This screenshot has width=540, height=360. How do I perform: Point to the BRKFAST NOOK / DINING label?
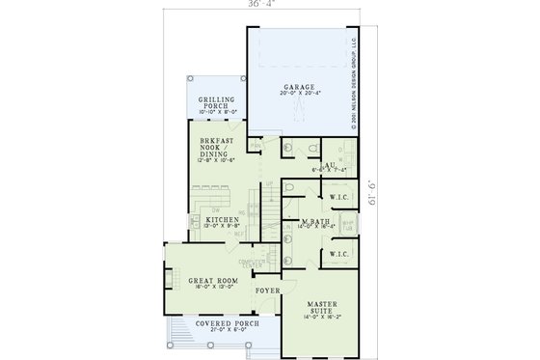point(216,145)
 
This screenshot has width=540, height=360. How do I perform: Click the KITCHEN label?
point(223,220)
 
